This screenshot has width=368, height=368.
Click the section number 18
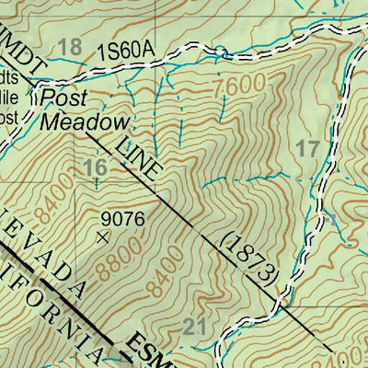click(x=69, y=48)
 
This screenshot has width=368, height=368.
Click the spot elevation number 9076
click(x=123, y=218)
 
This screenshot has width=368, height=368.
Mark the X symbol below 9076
click(x=102, y=236)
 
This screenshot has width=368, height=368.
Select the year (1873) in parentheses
click(x=248, y=259)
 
